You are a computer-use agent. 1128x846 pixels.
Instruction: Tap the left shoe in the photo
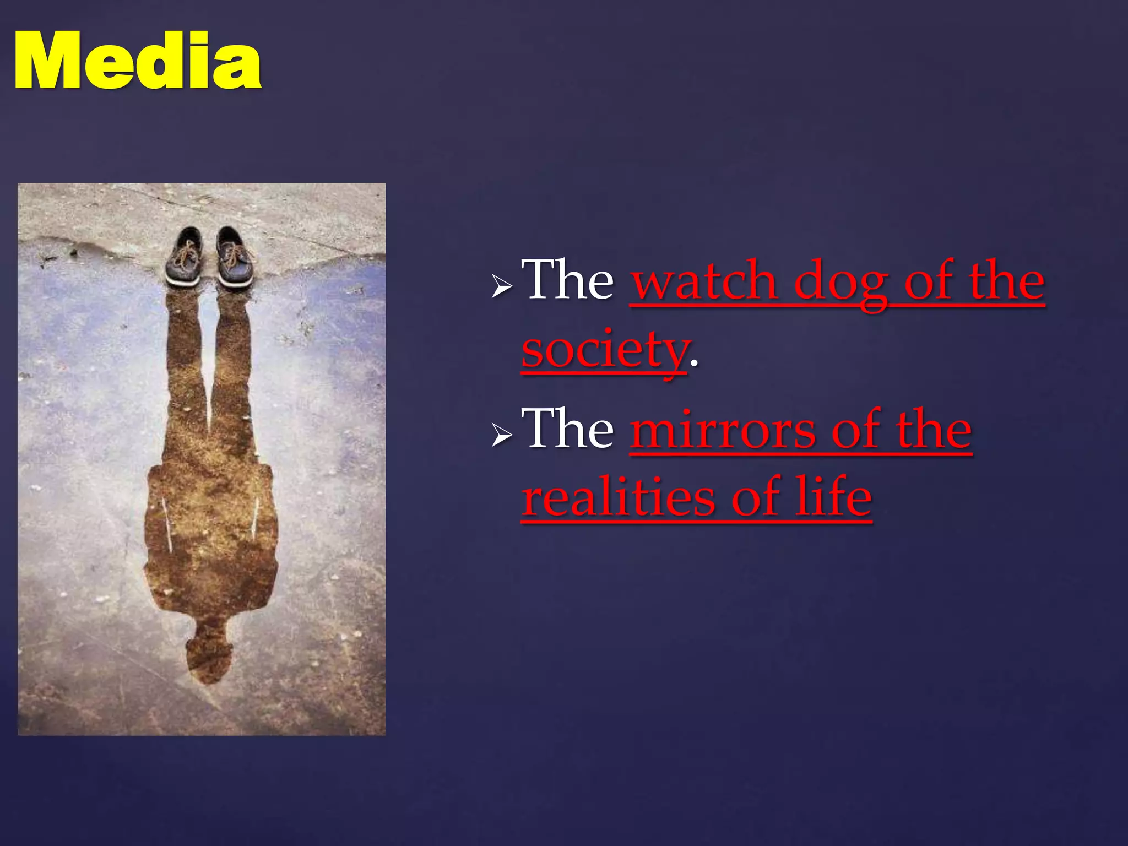[185, 256]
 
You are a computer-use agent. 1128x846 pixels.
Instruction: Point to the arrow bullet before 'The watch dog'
[502, 286]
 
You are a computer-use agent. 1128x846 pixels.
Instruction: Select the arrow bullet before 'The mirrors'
[502, 435]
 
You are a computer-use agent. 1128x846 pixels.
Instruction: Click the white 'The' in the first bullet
[567, 280]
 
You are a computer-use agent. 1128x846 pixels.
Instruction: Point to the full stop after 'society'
[694, 364]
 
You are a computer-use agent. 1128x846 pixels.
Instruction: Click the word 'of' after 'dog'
[928, 281]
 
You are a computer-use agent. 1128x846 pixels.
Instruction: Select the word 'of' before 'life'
[755, 497]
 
